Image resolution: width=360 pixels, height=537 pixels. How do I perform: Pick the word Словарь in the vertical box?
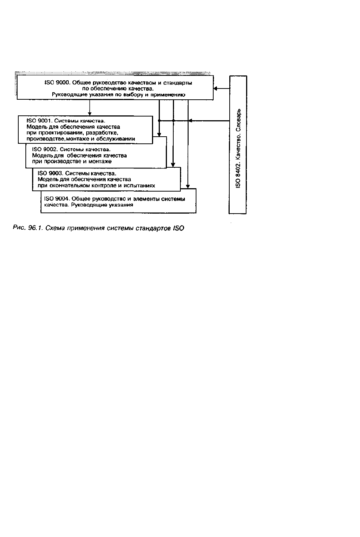pyautogui.click(x=238, y=120)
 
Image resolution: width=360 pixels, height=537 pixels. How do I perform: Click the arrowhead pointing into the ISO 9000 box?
pyautogui.click(x=215, y=89)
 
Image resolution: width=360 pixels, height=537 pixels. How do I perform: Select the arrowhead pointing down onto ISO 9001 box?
pyautogui.click(x=90, y=114)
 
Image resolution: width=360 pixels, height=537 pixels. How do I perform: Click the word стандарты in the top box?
pyautogui.click(x=180, y=83)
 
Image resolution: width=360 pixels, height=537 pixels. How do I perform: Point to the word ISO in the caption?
pyautogui.click(x=179, y=228)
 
